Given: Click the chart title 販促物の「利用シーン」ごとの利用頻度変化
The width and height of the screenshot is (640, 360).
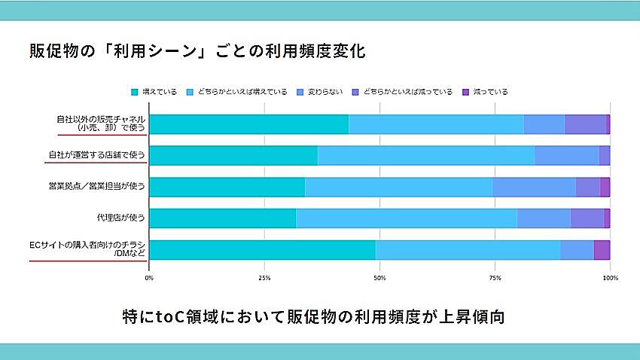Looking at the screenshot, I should point(197,53).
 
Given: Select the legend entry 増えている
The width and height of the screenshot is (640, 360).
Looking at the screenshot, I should point(155,92).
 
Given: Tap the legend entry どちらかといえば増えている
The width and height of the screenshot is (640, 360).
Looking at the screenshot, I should point(237,92).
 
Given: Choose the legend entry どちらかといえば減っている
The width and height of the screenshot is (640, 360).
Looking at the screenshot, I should point(403,92).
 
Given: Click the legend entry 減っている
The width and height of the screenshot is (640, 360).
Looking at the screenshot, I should point(486,92).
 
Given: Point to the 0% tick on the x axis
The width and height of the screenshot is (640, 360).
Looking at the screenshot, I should point(149,279).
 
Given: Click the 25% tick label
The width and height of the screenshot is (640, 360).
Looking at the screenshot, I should point(264,279).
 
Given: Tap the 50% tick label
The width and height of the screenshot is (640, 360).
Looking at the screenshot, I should point(379,279).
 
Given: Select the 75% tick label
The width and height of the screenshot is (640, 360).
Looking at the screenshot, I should point(495,279).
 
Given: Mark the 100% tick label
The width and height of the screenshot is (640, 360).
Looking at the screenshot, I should point(610,279).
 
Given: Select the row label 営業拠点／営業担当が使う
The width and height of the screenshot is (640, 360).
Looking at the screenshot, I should point(96,187).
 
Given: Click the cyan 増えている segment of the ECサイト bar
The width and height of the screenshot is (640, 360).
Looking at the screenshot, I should point(262,249).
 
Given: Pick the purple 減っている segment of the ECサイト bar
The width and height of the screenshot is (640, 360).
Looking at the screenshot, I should point(602,249).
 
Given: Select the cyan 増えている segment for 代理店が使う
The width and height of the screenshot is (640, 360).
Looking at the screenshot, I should point(222,218).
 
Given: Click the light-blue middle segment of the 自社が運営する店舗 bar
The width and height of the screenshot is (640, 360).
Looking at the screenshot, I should point(426,155).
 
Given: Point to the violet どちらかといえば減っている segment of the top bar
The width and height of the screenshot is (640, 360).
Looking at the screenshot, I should point(585,124).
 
